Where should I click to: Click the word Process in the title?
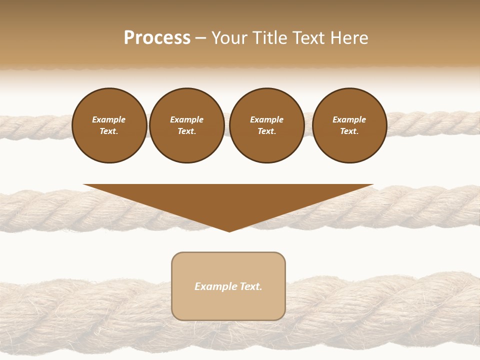pos(157,38)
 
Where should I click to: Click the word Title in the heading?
pos(268,38)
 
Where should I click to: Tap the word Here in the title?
pos(348,38)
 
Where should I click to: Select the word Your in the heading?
pos(229,38)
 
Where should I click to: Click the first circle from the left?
pos(109,125)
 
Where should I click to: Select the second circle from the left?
pos(187,125)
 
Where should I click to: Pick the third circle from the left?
pos(267,125)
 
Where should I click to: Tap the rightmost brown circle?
pos(349,125)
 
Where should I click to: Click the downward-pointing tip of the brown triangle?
pos(229,231)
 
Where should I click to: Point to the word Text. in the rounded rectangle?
pos(250,286)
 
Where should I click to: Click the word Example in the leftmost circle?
pos(109,119)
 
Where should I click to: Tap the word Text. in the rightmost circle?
pos(349,131)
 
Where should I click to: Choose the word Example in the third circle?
pos(267,119)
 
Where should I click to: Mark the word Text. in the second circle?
pos(187,131)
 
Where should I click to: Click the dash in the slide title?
pos(200,38)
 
